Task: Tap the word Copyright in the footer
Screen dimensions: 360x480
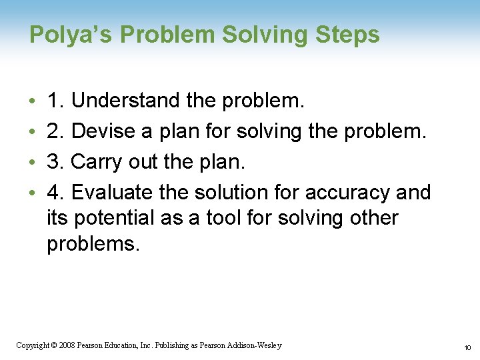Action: pos(31,345)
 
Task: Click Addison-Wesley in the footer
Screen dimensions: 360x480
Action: pos(255,345)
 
